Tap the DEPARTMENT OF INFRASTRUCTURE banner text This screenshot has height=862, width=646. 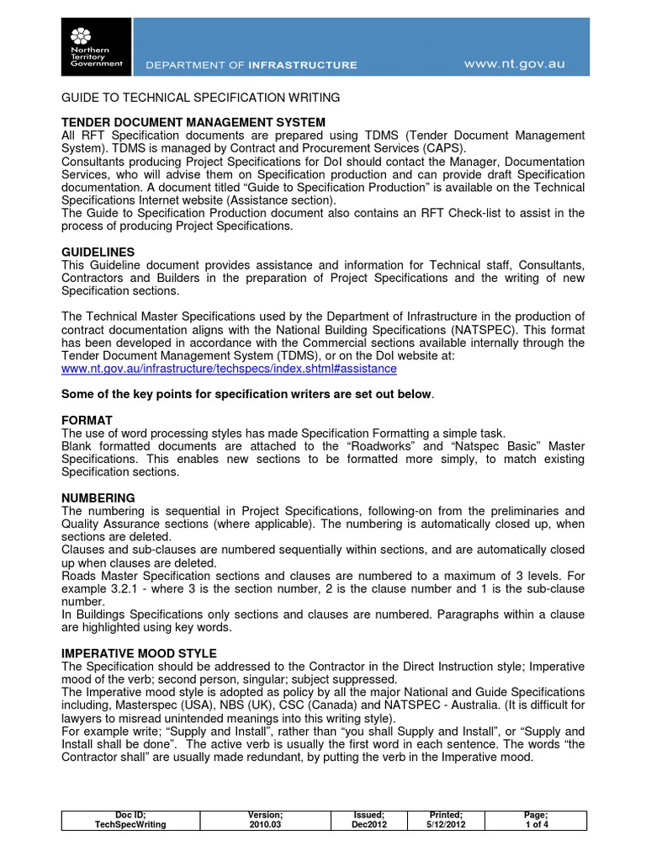pyautogui.click(x=252, y=65)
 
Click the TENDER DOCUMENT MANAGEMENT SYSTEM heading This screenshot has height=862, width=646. pyautogui.click(x=193, y=123)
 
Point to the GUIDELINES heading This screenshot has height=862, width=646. pyautogui.click(x=98, y=253)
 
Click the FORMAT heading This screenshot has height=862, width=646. pyautogui.click(x=87, y=419)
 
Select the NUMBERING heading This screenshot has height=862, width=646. pyautogui.click(x=98, y=498)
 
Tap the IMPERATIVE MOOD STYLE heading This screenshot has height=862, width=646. pyautogui.click(x=140, y=653)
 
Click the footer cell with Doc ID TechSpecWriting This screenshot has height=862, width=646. pyautogui.click(x=130, y=820)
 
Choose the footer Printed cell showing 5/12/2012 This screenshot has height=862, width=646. pyautogui.click(x=446, y=820)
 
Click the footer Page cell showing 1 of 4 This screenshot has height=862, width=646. pyautogui.click(x=535, y=820)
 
